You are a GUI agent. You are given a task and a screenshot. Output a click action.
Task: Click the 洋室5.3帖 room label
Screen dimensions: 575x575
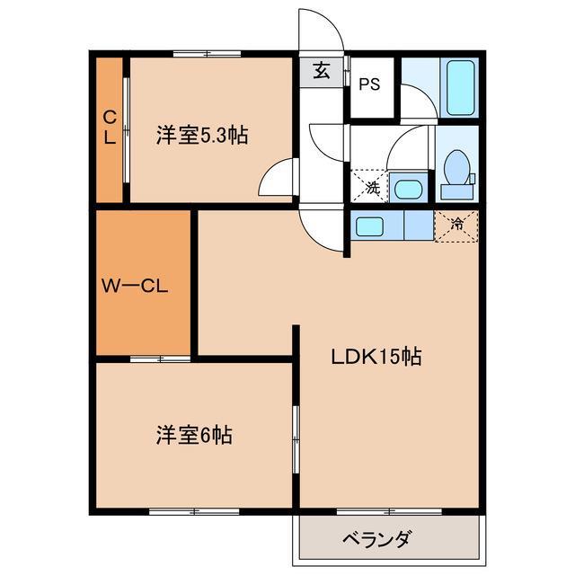(201, 137)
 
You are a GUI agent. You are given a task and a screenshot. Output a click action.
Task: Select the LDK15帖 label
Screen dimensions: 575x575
(376, 356)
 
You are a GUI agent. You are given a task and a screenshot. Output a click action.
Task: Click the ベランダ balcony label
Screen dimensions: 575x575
(377, 540)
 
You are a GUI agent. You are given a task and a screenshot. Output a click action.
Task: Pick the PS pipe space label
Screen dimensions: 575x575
(368, 85)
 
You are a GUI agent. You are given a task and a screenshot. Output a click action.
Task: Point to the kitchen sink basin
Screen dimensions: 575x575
(369, 226)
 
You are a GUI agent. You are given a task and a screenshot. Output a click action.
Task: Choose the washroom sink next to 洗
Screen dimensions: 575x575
(408, 189)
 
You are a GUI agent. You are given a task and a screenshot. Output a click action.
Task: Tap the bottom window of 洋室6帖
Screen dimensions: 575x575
(180, 511)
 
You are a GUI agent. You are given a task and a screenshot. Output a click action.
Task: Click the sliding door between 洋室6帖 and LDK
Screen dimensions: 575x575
(294, 437)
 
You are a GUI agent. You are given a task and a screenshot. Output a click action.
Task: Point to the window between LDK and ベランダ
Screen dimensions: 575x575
(388, 512)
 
